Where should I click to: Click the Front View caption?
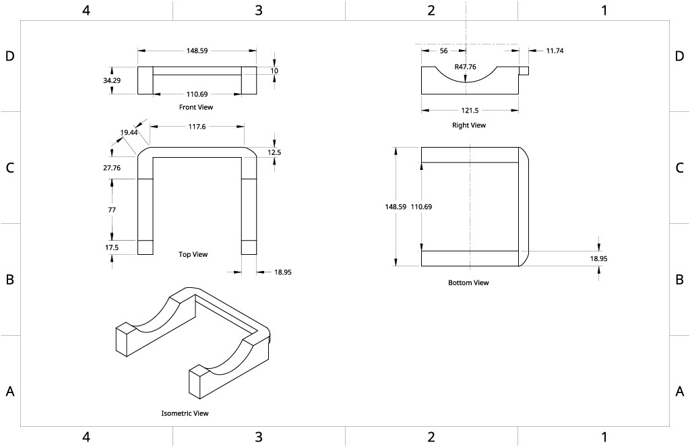click(x=195, y=107)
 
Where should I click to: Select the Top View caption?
click(x=193, y=255)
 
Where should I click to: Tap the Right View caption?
click(x=468, y=125)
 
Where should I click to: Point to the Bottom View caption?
click(x=468, y=282)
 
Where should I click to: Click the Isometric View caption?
click(x=185, y=413)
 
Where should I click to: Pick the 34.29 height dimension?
click(x=112, y=80)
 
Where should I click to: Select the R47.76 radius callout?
click(x=466, y=67)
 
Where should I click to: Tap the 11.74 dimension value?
click(x=555, y=51)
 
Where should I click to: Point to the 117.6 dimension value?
click(x=197, y=125)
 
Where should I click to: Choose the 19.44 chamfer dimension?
click(x=129, y=133)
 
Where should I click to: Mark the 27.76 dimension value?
click(x=112, y=168)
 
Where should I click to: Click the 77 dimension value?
click(x=112, y=210)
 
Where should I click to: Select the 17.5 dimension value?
click(x=112, y=247)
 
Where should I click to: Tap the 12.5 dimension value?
click(x=274, y=152)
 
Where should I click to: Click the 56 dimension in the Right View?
click(x=443, y=51)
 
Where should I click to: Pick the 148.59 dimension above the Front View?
click(x=197, y=51)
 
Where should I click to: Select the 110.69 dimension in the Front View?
click(x=197, y=94)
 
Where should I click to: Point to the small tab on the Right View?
click(x=524, y=70)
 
